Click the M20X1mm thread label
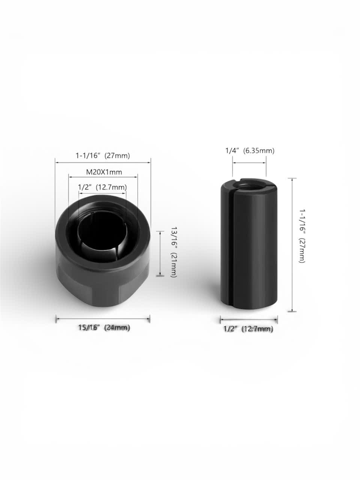[x=104, y=172]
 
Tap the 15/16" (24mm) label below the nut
[x=104, y=327]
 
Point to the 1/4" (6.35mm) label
[x=250, y=151]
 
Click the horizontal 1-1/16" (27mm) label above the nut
[x=103, y=155]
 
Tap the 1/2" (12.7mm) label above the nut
[x=102, y=187]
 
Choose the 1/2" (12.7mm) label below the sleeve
[x=248, y=329]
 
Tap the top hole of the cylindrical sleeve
[x=249, y=184]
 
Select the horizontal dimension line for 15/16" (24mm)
[x=103, y=319]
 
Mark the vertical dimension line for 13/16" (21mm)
[x=160, y=253]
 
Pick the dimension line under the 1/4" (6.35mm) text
[x=249, y=163]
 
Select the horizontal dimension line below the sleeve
[x=249, y=320]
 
